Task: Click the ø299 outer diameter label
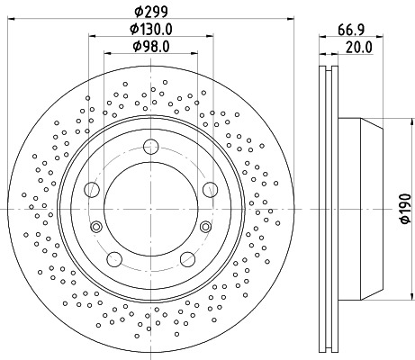tap(149, 10)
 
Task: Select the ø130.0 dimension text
tap(149, 29)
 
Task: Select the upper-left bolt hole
tap(91, 189)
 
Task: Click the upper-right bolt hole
tap(210, 189)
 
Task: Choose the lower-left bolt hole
tap(113, 259)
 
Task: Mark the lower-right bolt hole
tap(187, 259)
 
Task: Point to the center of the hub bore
tap(150, 211)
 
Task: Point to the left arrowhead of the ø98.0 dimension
tap(107, 55)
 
